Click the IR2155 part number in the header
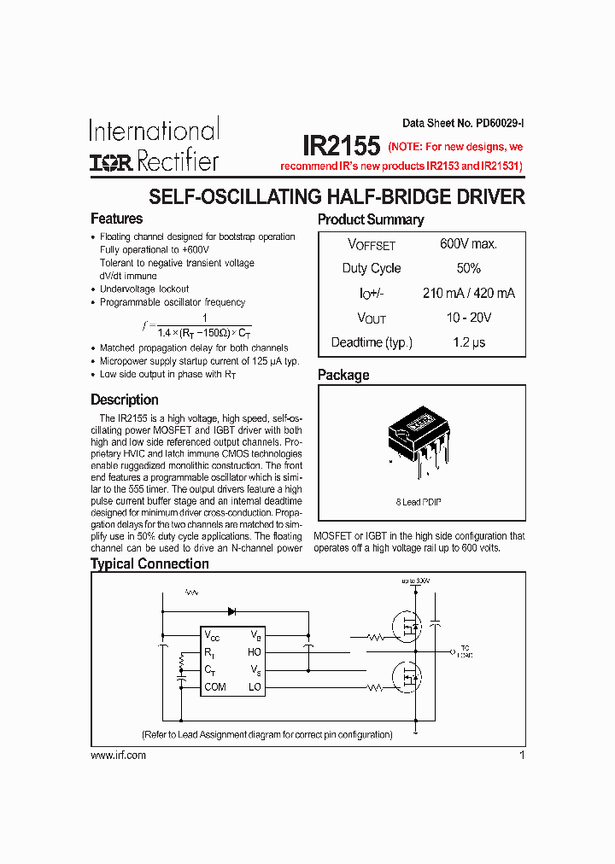pos(341,144)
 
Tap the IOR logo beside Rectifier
pos(112,162)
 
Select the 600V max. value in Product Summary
pos(468,244)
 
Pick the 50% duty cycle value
pos(468,268)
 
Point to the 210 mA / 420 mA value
pos(468,293)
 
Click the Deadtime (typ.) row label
pos(372,342)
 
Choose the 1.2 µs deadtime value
pos(468,342)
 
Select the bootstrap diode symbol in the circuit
pos(231,610)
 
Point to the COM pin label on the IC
pos(215,687)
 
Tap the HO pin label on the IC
pos(255,652)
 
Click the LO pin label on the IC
pos(255,687)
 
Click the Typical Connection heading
pos(149,563)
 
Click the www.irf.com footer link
pos(118,756)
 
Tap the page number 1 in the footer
pos(521,756)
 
